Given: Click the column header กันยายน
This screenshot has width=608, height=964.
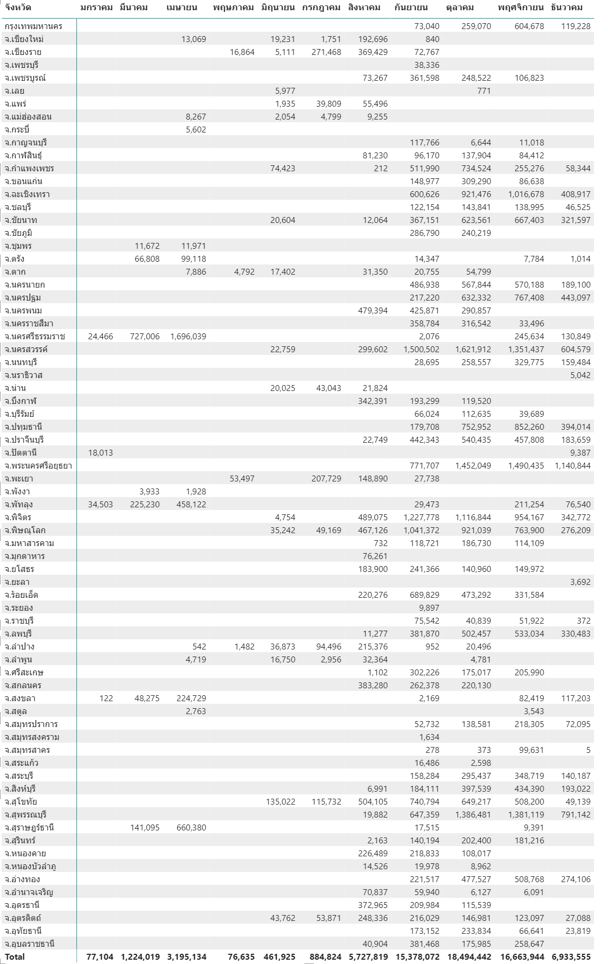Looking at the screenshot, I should coord(411,8).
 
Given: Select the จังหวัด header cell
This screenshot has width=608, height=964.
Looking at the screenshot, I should coord(18,8).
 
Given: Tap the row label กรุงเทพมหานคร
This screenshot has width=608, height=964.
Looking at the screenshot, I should coord(33,26).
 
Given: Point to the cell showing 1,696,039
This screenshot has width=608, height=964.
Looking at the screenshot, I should coord(188,336).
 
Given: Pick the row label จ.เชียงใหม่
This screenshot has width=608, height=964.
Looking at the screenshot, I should coord(24,39).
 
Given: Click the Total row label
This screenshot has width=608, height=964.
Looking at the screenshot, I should coord(15,956).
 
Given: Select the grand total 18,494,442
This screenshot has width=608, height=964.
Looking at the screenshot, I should coord(469,956).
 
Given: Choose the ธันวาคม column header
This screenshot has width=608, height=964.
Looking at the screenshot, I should coord(567,8).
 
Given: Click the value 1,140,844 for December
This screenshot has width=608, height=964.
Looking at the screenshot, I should coord(572,465).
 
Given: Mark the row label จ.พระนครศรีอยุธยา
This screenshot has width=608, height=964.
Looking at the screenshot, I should coord(38,465).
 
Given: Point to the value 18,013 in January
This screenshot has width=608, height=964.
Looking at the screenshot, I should coord(100,452).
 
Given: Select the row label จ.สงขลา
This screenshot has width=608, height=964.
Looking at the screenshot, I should coord(20,698).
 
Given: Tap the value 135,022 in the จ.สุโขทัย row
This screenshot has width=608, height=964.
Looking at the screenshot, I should coord(281,801).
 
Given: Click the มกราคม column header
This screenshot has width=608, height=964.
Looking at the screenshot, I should coord(96,8).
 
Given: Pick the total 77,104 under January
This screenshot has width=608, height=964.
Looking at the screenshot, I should coord(100,956).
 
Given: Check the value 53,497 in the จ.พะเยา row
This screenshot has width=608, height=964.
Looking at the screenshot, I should coord(242,478).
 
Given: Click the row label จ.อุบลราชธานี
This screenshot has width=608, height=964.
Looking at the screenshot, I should coord(30,944).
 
